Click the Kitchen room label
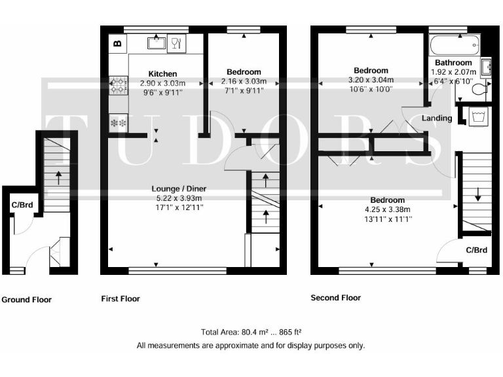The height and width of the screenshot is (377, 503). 162,73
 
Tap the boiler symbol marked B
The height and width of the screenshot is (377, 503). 118,44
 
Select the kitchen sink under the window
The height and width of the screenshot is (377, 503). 156,44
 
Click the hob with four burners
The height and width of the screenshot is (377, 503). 119,83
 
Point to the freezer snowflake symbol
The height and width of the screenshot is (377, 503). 119,123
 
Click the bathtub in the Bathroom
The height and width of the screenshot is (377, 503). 455,48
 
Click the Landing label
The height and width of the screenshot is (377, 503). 437,118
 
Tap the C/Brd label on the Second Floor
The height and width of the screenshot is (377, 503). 476,250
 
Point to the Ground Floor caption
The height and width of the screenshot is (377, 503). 26,300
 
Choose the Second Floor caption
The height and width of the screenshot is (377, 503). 335,297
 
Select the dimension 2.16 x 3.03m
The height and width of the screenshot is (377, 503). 244,82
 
